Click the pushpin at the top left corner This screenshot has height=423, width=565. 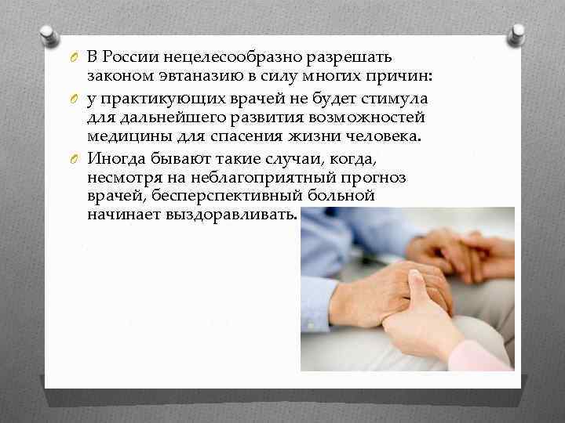(47, 35)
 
